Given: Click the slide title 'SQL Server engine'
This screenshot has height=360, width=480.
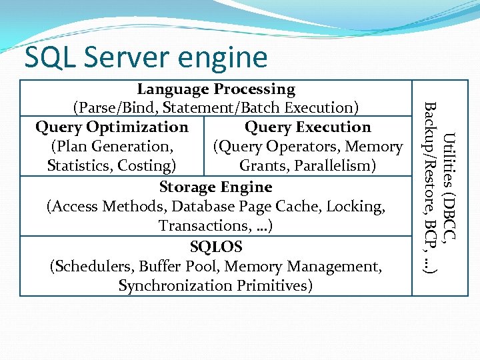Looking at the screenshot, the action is (x=145, y=58).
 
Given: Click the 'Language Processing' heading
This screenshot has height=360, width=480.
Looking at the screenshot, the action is (x=216, y=89).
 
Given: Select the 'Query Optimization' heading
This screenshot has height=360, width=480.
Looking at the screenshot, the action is (x=111, y=127).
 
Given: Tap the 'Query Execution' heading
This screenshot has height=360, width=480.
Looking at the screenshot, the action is (x=308, y=127).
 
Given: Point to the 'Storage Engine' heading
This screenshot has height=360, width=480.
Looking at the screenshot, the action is (x=216, y=187).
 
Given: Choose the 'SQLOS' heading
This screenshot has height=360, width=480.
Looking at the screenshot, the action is (x=216, y=247).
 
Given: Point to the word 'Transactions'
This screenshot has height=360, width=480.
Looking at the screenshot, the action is (x=203, y=227).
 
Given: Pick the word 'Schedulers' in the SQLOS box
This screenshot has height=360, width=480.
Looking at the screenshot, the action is (x=93, y=267).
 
